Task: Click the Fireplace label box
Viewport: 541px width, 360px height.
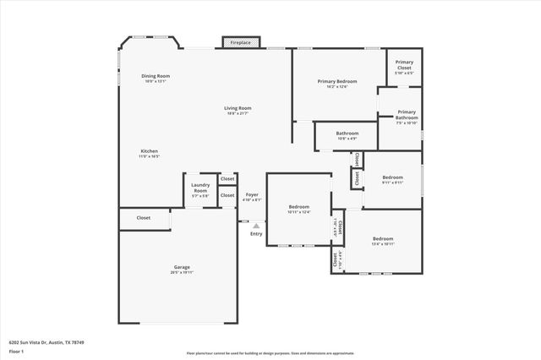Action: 241,42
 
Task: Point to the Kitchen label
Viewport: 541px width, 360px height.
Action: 149,153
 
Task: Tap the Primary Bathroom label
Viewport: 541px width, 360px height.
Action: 407,117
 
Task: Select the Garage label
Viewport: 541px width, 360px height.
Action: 183,270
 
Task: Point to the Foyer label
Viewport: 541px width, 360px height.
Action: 252,197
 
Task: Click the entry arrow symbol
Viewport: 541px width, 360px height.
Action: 255,225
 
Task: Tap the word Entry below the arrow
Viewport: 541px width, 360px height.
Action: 256,234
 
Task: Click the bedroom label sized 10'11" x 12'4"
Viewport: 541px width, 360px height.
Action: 299,209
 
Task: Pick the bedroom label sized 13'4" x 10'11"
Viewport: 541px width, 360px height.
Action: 383,241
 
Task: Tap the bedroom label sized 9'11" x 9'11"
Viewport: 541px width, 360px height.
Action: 392,178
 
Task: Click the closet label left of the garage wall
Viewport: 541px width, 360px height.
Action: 144,218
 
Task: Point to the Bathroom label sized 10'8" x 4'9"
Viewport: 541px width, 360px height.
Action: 347,135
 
